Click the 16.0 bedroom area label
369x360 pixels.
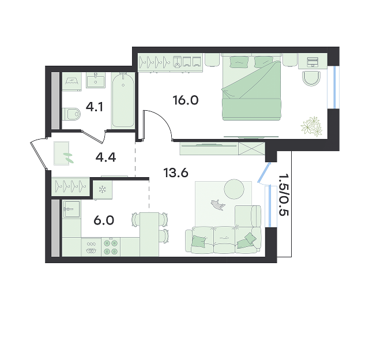[186, 100]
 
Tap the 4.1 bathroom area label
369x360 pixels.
[95, 107]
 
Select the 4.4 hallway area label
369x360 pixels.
[106, 157]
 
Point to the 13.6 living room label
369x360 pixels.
[176, 173]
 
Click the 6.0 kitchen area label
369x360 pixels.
[104, 220]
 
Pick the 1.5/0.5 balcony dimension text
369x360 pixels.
[283, 195]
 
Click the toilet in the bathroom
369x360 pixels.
[71, 114]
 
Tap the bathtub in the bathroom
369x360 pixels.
[123, 100]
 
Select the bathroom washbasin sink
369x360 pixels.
[96, 80]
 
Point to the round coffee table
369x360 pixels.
[234, 189]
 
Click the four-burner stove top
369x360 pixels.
[111, 247]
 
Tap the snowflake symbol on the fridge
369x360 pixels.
[103, 189]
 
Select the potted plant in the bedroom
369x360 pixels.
[311, 126]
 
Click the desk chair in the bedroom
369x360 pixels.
[311, 78]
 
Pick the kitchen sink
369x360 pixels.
[71, 209]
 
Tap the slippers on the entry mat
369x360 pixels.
[68, 157]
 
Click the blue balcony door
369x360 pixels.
[264, 172]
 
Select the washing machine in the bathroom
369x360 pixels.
[71, 81]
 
